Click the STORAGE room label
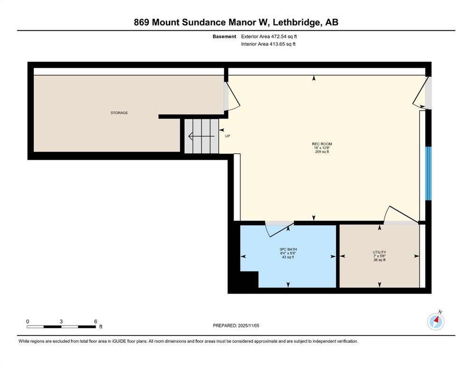tap(119, 113)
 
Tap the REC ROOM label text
tap(322, 144)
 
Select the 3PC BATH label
tap(288, 250)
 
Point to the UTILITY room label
tap(379, 252)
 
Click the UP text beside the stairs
tap(227, 136)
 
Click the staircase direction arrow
tap(202, 136)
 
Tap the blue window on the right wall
tap(428, 173)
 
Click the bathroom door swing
tap(279, 229)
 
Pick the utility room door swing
tap(401, 215)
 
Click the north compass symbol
tap(436, 321)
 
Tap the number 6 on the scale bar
tap(96, 321)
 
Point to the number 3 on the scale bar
tap(61, 321)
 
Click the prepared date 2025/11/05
tap(249, 326)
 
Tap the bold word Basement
tap(224, 37)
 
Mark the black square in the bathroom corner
tap(249, 279)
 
